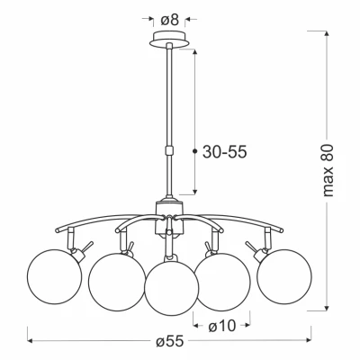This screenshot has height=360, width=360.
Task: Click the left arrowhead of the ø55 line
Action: (x=31, y=343)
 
